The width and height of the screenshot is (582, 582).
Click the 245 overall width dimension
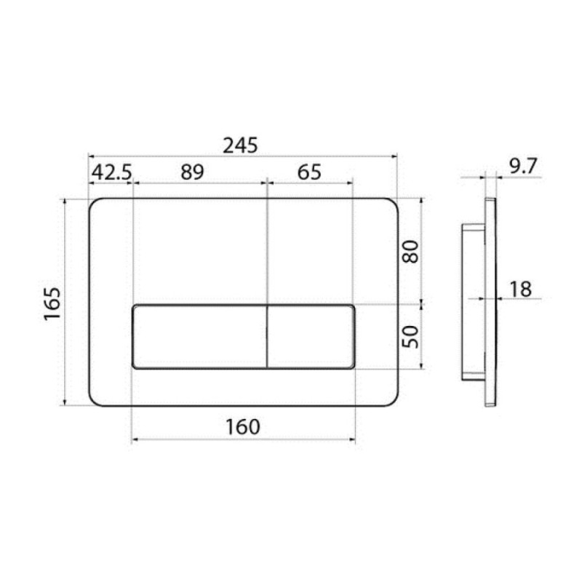coord(240,145)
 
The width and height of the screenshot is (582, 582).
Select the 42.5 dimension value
coord(112,172)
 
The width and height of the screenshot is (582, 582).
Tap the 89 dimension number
coord(192,172)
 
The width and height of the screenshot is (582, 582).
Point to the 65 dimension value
coord(309,172)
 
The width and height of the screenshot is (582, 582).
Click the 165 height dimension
coord(52,303)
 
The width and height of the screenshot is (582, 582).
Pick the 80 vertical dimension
coord(410,252)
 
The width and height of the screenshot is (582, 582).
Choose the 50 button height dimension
coord(410,337)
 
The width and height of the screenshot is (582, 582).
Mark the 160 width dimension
coord(243,427)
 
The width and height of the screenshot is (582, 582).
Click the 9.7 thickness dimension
coord(523,166)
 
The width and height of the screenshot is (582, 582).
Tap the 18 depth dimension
coord(520,289)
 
